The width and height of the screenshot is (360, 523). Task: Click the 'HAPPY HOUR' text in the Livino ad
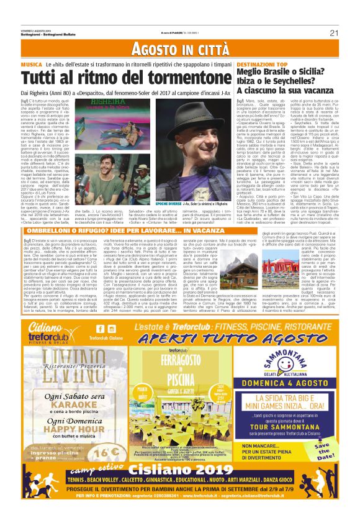pyautogui.click(x=60, y=447)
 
